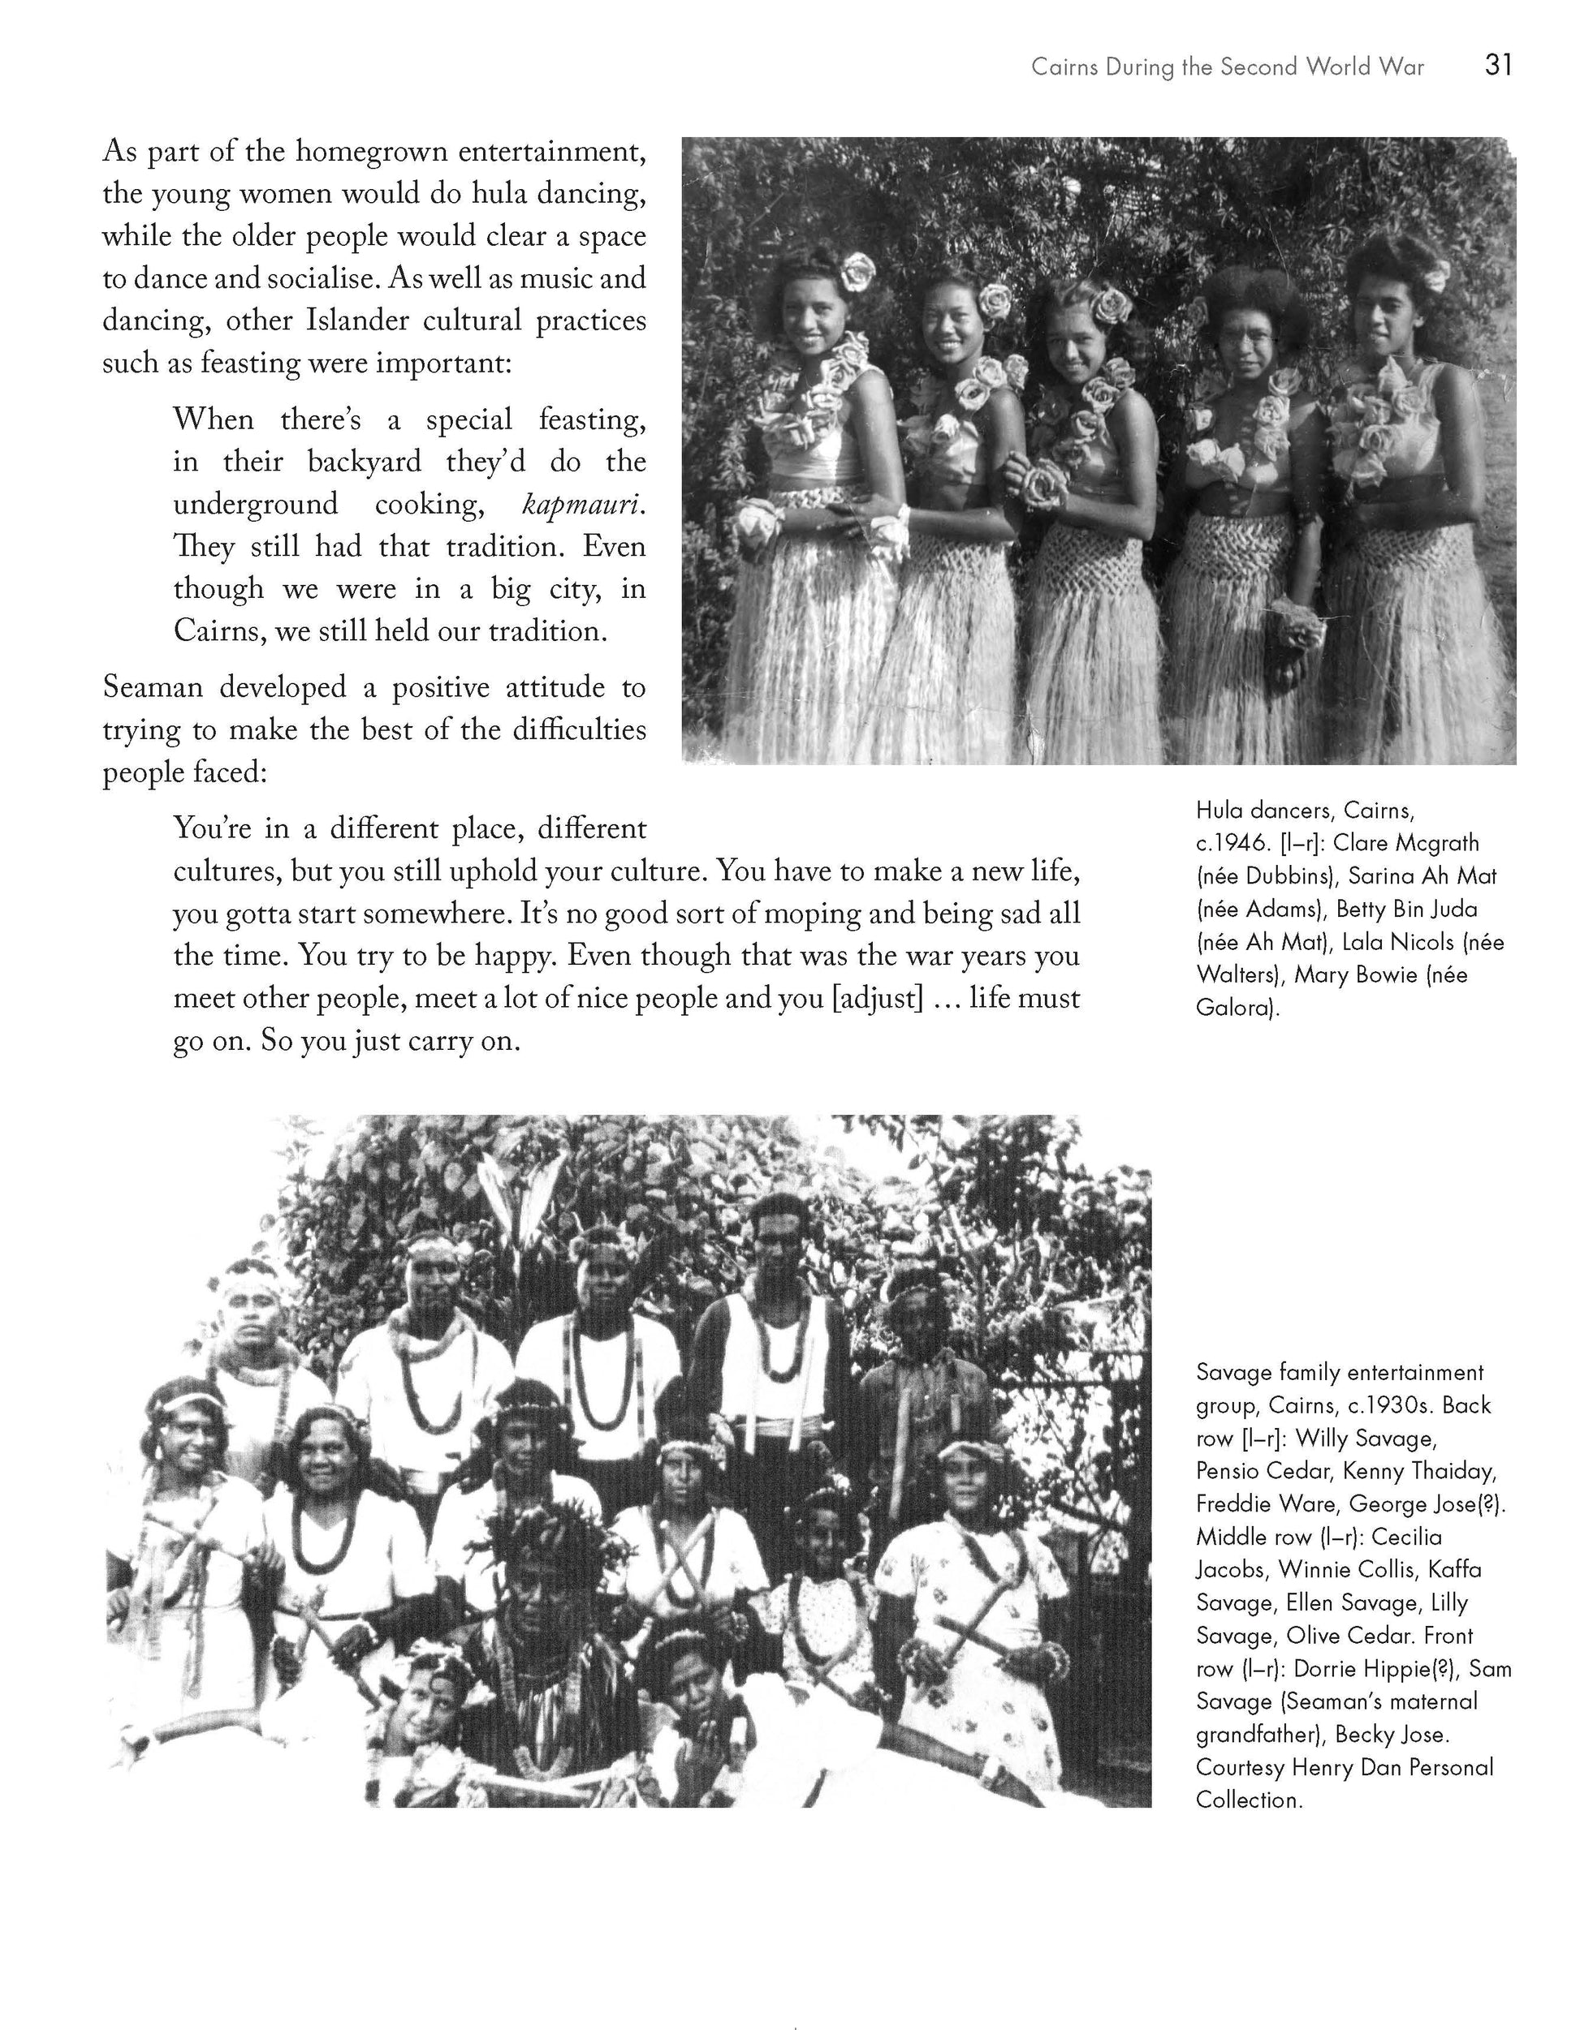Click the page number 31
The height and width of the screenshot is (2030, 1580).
(1498, 65)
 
